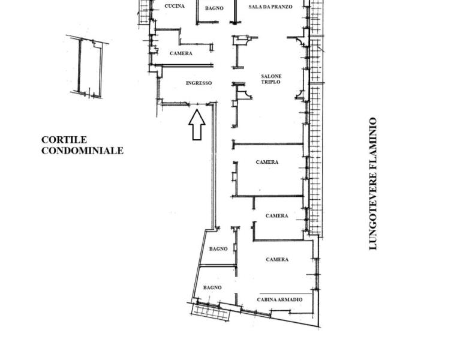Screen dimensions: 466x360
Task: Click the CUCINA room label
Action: coord(175,6)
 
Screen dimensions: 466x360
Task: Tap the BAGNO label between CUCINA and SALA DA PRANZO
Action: coord(214,8)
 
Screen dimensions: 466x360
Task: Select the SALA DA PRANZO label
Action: coord(270,7)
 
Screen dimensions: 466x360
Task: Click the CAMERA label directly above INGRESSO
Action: coord(181,53)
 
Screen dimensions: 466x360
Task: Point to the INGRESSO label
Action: coord(199,83)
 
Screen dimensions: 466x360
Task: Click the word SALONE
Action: coord(271,76)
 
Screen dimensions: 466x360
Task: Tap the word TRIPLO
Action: coord(270,82)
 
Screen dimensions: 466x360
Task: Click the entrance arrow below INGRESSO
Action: coord(197,125)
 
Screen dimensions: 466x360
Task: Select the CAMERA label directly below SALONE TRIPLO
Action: coord(267,162)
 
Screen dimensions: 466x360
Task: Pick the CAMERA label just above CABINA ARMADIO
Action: coord(277,260)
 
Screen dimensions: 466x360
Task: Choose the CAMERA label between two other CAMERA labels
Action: coord(276,215)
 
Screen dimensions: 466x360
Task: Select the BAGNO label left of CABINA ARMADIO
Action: coord(212,287)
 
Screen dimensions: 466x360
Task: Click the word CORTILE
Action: coord(64,140)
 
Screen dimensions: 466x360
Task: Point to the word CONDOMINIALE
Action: coord(82,151)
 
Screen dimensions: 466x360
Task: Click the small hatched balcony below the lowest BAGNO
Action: coord(211,312)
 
